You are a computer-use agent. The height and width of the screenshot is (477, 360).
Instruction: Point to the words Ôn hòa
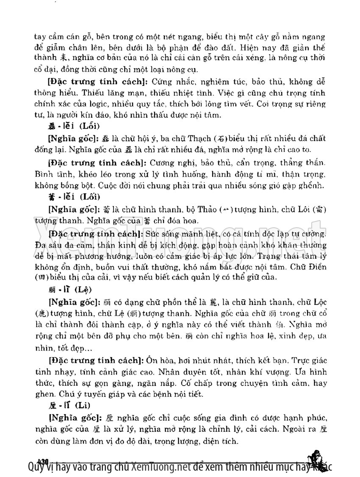pos(159,361)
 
